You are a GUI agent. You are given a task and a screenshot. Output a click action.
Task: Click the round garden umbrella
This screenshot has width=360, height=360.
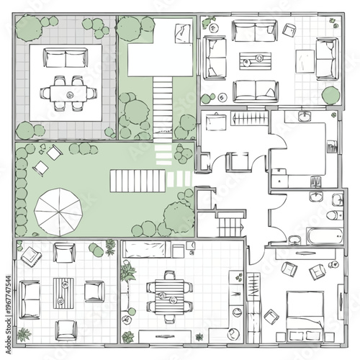(58, 212)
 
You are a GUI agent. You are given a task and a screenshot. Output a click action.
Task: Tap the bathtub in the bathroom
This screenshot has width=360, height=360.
(325, 236)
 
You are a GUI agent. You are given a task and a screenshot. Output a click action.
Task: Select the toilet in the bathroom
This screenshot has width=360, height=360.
(335, 215)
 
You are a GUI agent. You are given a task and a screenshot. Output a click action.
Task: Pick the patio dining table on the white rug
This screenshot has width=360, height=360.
(68, 94)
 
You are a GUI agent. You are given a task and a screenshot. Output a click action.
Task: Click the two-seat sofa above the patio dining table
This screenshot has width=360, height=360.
(66, 58)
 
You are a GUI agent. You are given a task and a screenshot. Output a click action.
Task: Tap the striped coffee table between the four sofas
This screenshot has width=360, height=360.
(256, 60)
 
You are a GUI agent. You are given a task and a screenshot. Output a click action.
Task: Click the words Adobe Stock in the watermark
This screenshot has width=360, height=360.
(9, 336)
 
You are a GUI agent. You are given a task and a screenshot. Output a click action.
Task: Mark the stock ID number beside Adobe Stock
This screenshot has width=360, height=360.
(9, 296)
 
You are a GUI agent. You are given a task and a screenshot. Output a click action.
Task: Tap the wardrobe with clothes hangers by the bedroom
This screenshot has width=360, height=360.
(253, 287)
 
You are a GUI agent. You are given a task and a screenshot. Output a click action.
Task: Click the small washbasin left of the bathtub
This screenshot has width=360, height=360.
(294, 240)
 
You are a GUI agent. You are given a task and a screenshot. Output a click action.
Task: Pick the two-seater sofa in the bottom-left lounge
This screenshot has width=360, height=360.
(30, 300)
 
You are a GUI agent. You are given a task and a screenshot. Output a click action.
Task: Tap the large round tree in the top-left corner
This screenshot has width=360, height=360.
(29, 28)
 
